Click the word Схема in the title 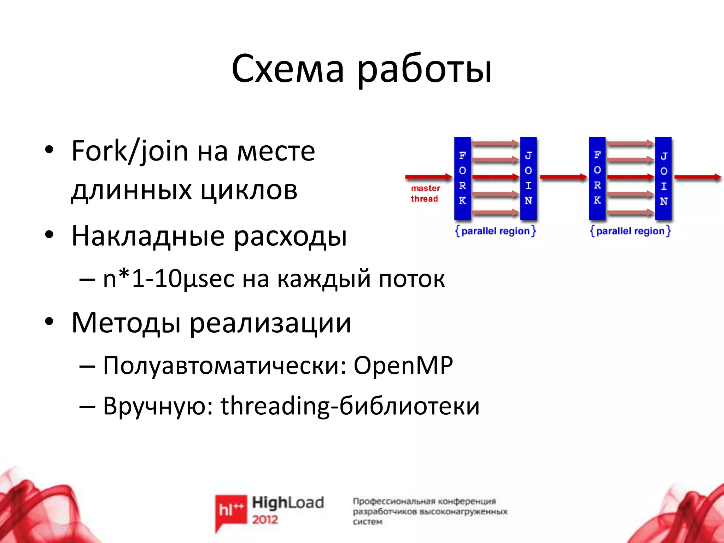288,69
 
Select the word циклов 249,191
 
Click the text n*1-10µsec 168,279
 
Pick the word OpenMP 403,366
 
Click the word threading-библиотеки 350,406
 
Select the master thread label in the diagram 425,193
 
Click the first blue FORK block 462,178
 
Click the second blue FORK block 597,178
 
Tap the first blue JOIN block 529,178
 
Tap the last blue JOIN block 663,178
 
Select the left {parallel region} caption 495,231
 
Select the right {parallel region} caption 630,231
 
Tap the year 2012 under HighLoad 265,520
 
